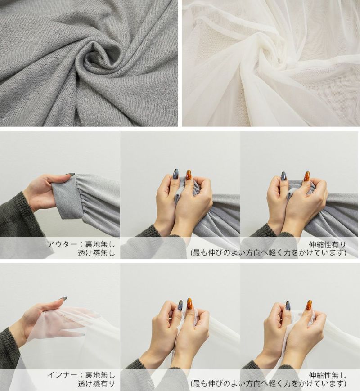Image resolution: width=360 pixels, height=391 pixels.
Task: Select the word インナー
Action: click(x=62, y=374)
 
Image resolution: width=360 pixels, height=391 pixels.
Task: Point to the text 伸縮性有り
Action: click(x=328, y=244)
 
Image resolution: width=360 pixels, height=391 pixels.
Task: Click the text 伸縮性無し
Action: click(x=328, y=375)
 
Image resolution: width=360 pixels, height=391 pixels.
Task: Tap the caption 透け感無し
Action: click(x=96, y=253)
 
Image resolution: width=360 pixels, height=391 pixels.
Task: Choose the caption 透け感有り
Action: click(x=96, y=383)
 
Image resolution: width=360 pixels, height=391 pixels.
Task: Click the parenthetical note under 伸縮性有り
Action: click(x=269, y=253)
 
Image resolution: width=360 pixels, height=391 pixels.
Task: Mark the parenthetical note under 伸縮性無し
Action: click(x=269, y=383)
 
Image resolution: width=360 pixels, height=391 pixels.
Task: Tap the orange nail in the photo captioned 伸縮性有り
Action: click(x=306, y=176)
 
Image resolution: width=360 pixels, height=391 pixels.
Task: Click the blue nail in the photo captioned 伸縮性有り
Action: click(x=283, y=176)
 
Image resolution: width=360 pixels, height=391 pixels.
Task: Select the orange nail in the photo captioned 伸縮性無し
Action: click(x=309, y=305)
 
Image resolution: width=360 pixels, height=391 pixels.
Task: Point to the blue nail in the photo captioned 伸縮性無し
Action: click(x=288, y=306)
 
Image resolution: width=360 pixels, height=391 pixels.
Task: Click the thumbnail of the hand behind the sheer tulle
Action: click(x=60, y=327)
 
